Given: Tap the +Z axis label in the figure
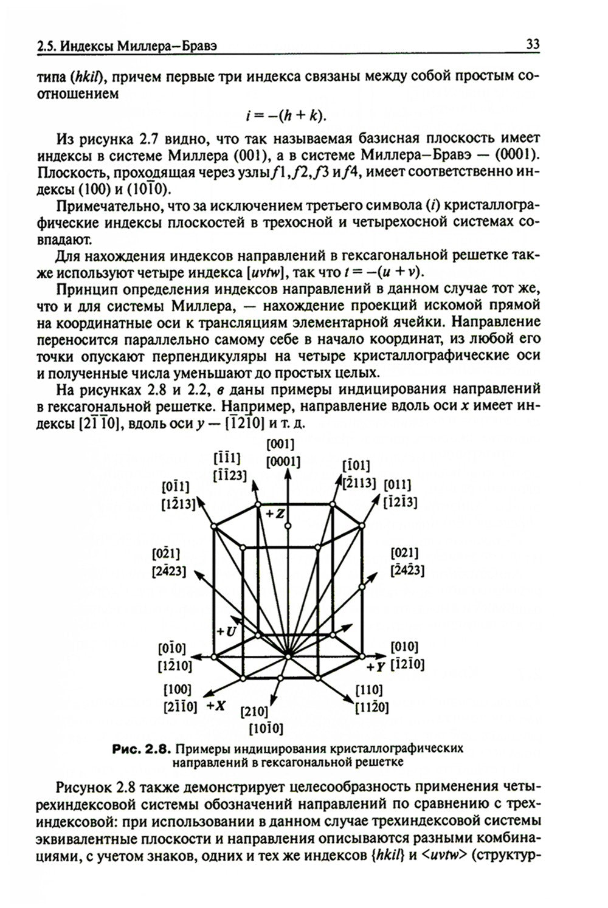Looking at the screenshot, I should click(x=275, y=514).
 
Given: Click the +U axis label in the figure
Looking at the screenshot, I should click(x=226, y=631).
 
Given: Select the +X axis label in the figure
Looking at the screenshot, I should click(x=216, y=706).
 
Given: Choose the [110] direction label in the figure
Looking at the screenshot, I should click(x=368, y=690).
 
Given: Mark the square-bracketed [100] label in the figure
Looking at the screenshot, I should click(x=178, y=690).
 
